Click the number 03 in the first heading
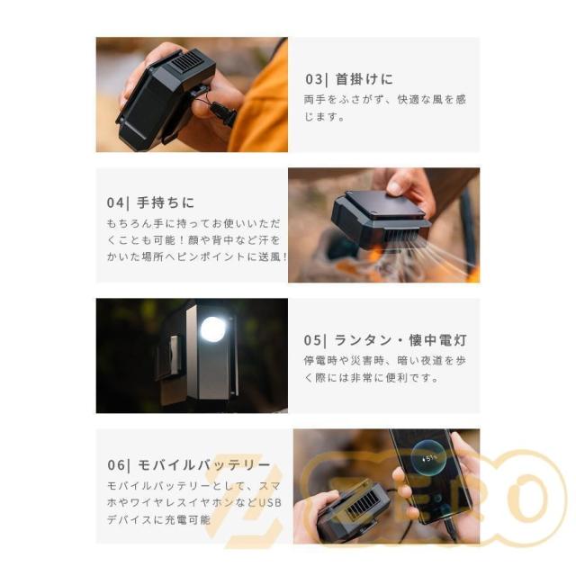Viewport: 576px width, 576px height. click(x=314, y=79)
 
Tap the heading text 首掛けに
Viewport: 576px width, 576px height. click(x=364, y=79)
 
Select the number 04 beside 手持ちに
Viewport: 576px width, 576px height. click(x=115, y=202)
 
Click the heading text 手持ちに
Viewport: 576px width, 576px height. click(x=166, y=202)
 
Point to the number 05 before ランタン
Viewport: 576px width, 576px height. click(x=312, y=340)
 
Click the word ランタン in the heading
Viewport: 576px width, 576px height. click(x=363, y=340)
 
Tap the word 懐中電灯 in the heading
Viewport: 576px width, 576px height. click(x=437, y=340)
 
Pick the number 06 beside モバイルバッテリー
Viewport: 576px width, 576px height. click(x=116, y=465)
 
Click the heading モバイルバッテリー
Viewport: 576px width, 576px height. click(x=204, y=465)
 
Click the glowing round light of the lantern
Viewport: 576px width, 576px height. click(x=213, y=329)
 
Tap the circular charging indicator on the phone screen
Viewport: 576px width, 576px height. click(x=428, y=458)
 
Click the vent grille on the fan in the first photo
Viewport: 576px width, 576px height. click(x=187, y=62)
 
